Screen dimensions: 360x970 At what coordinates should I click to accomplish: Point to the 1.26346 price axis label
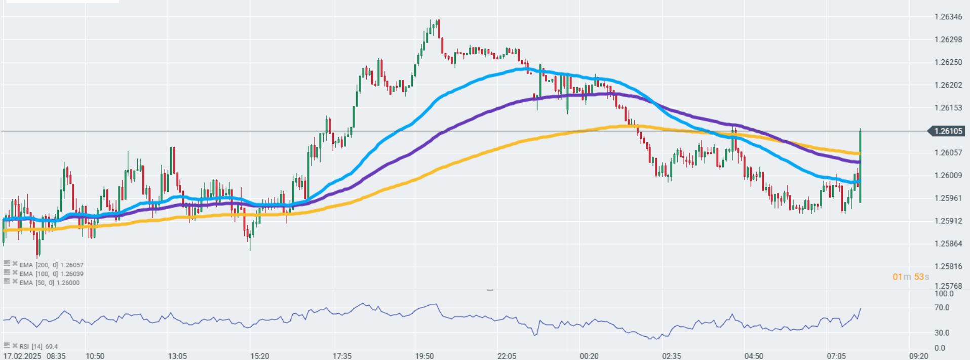tap(948, 17)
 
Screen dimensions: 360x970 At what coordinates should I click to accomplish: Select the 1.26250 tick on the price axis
tap(948, 62)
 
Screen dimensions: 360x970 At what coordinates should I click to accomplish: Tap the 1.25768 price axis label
tap(948, 286)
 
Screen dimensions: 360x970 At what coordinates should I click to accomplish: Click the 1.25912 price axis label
tap(948, 221)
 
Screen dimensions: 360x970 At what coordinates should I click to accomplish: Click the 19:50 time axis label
tap(424, 356)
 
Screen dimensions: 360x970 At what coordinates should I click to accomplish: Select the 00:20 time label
tap(589, 356)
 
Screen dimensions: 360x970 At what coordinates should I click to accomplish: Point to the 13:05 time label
tap(177, 356)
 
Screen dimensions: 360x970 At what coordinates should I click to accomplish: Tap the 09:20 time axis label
tap(919, 356)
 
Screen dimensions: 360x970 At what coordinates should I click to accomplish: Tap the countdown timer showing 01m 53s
tap(911, 276)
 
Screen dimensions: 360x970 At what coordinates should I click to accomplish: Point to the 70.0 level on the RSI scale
tap(942, 307)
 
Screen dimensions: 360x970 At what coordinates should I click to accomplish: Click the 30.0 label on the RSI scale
tap(942, 333)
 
